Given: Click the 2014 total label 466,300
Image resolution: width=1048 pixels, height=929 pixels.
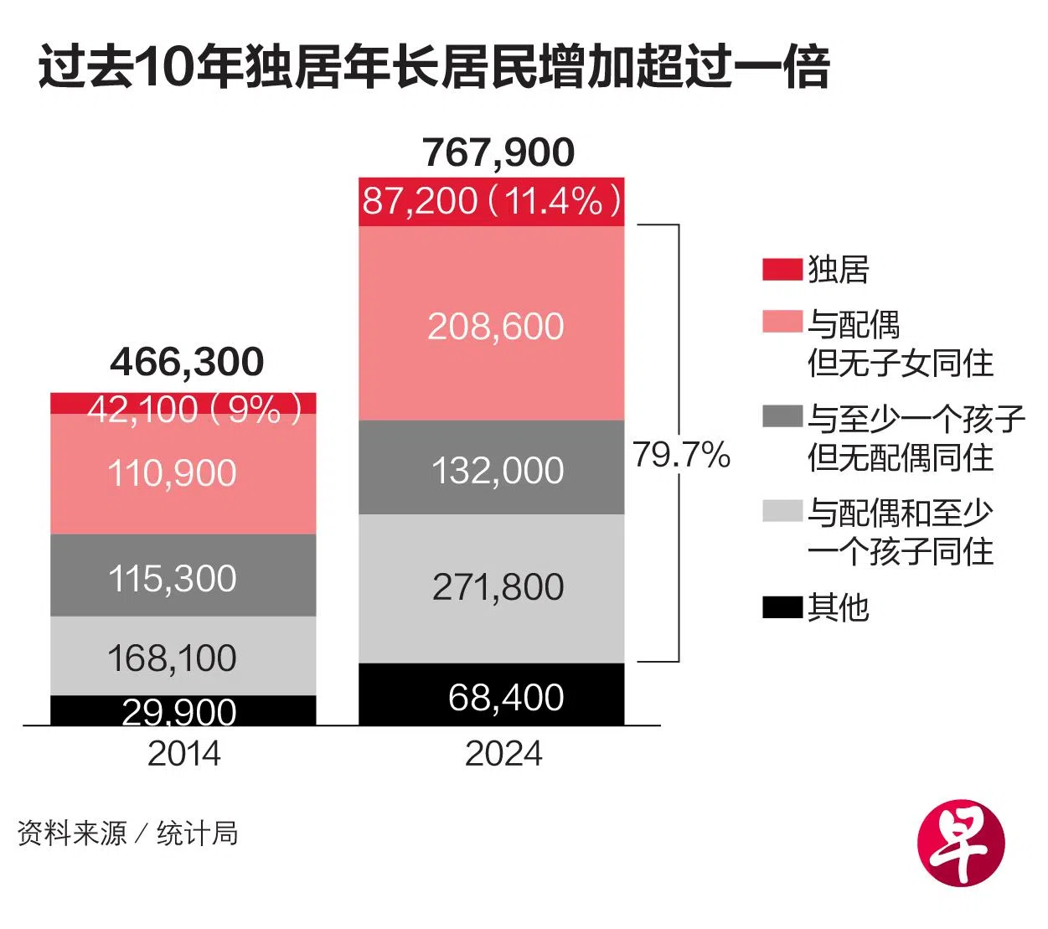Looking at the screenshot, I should [187, 362].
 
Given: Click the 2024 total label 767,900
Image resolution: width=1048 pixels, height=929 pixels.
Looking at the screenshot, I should [498, 152].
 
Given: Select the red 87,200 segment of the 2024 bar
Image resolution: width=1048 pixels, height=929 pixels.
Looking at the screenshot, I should [492, 202].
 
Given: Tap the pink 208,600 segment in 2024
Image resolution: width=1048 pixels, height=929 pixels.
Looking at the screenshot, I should [492, 325].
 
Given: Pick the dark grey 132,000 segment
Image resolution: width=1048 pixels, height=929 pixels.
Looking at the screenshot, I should [492, 468].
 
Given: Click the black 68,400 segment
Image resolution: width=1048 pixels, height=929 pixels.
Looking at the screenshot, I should [492, 695].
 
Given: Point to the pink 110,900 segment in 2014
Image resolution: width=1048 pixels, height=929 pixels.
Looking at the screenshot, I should [183, 474].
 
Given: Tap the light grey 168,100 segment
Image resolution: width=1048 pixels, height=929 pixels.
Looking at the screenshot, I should [183, 657].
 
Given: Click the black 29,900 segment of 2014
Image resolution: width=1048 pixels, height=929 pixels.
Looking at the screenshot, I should [183, 710].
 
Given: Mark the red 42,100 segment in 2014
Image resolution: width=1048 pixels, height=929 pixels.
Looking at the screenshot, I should [183, 405].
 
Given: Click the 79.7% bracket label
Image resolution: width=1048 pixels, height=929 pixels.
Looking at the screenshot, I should [681, 455].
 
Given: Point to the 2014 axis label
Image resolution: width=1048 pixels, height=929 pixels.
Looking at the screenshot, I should [184, 753].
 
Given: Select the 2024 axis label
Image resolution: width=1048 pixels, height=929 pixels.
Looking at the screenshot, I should [503, 753].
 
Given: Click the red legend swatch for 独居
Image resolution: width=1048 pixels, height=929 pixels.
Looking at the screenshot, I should [782, 270].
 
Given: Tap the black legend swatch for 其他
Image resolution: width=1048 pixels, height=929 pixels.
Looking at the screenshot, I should [782, 607].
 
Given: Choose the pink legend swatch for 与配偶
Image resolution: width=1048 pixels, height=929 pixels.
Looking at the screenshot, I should [782, 323].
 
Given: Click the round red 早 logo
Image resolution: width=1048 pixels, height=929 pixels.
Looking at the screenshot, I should [961, 842].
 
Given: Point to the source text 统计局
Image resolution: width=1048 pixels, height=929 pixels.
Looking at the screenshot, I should [198, 834].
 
